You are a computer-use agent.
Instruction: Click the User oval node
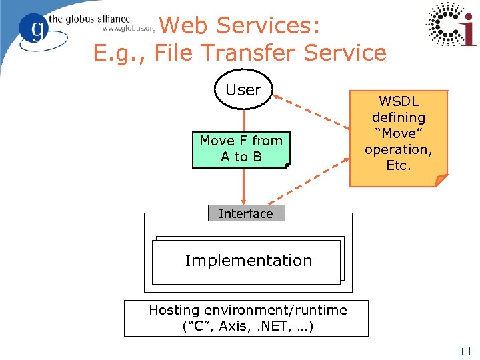point(243,89)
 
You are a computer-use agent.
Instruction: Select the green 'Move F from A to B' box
point(241,149)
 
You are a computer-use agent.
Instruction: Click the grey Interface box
point(246,213)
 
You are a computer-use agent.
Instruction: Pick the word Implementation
point(248,261)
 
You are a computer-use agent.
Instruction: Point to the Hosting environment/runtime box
point(247,318)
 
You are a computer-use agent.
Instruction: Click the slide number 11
point(465,351)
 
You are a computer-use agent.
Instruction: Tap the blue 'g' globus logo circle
point(35,29)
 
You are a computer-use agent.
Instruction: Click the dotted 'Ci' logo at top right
point(451,25)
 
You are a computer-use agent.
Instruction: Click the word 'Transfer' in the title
point(243,52)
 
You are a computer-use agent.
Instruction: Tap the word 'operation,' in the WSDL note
point(398,149)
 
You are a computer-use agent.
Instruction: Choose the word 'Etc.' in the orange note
point(399,165)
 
